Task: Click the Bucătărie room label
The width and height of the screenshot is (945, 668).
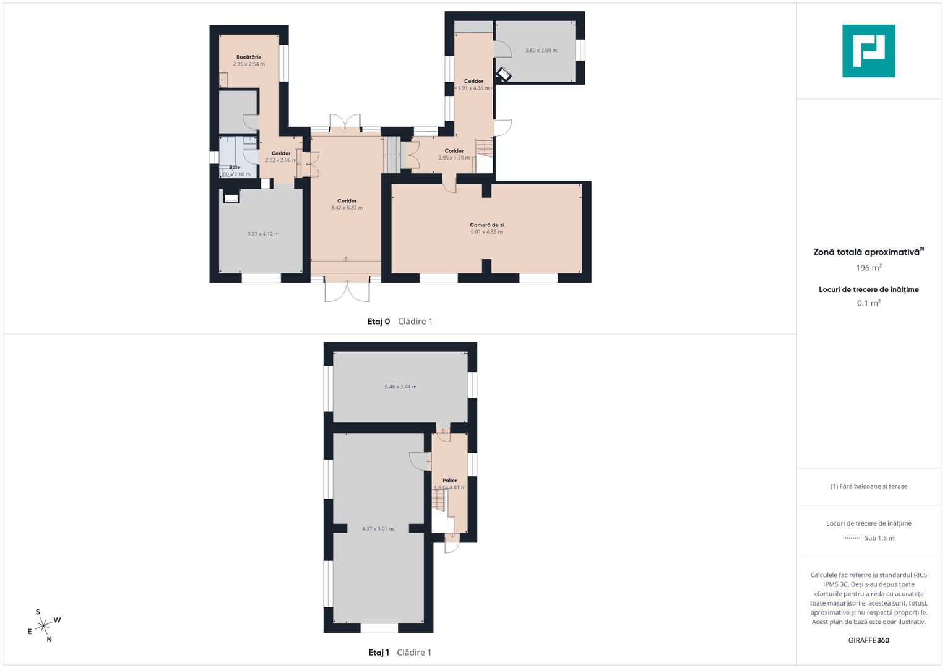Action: pyautogui.click(x=249, y=57)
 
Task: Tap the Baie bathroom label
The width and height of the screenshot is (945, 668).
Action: pyautogui.click(x=235, y=168)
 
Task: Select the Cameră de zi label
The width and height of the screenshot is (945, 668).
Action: pyautogui.click(x=486, y=225)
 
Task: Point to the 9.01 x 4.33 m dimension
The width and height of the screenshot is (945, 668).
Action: pyautogui.click(x=486, y=232)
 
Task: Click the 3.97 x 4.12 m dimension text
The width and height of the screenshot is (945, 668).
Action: pyautogui.click(x=263, y=234)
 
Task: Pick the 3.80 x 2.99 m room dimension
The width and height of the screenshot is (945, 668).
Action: pyautogui.click(x=541, y=50)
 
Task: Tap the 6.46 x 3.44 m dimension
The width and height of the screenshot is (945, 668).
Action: pyautogui.click(x=400, y=387)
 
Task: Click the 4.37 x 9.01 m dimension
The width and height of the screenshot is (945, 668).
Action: pyautogui.click(x=378, y=529)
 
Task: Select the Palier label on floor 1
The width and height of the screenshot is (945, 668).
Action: pyautogui.click(x=450, y=481)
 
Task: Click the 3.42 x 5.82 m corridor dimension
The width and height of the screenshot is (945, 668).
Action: pyautogui.click(x=347, y=208)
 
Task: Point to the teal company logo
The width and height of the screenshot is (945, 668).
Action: pyautogui.click(x=869, y=51)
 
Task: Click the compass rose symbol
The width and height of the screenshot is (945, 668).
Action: pyautogui.click(x=44, y=626)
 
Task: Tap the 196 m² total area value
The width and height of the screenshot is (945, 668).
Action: pyautogui.click(x=869, y=268)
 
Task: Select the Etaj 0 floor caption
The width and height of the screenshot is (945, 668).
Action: pyautogui.click(x=378, y=322)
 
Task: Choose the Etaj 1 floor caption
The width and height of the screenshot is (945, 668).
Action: pyautogui.click(x=378, y=653)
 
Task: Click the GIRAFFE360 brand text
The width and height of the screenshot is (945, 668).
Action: pyautogui.click(x=869, y=640)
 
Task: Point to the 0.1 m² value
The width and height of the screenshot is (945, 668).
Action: pyautogui.click(x=869, y=303)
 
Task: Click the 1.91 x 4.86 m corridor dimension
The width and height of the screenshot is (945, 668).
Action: pyautogui.click(x=474, y=88)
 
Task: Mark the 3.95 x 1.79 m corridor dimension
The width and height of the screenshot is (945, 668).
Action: pyautogui.click(x=454, y=158)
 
